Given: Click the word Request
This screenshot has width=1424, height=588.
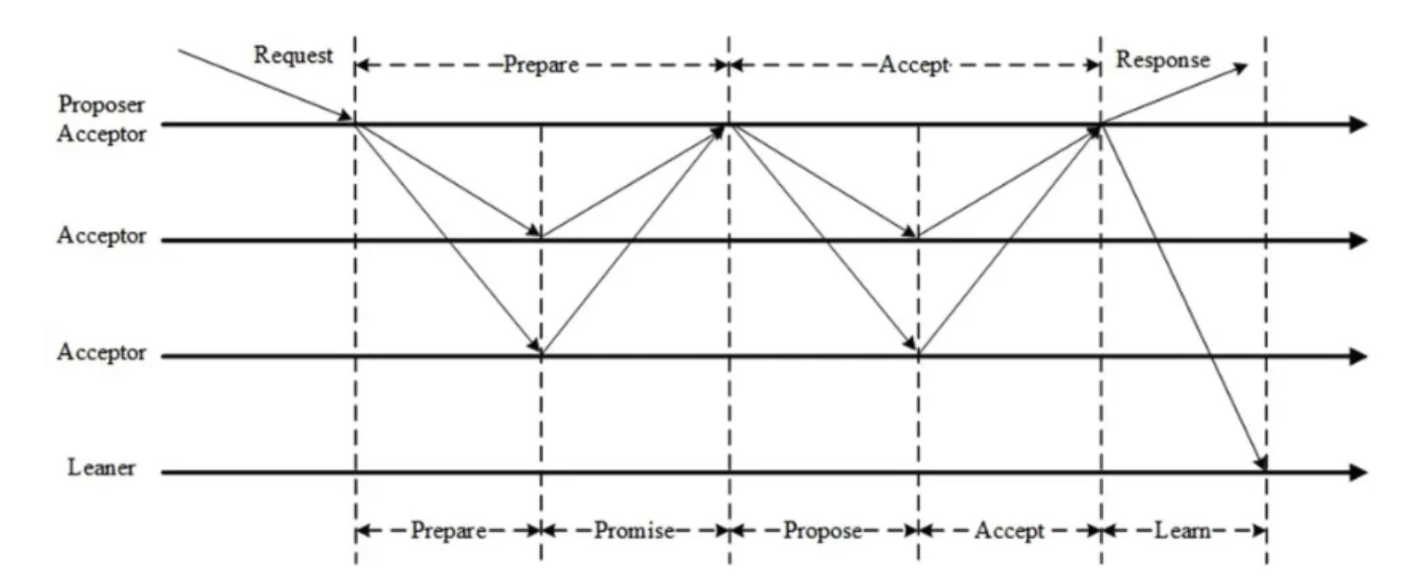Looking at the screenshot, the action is pos(293,55).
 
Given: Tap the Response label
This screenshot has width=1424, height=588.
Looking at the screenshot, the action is pos(1163,60).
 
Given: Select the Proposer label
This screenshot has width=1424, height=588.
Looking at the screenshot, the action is pos(101,105).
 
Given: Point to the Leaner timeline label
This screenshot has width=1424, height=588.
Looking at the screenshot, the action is pos(101,468).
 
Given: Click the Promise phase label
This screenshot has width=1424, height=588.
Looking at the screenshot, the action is pos(634,531).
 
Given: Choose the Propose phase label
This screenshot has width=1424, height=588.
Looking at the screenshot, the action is pos(822,531).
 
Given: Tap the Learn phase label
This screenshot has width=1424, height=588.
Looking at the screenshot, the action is pos(1182,531).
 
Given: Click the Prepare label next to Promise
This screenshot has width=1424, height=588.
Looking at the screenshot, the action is pos(448,531).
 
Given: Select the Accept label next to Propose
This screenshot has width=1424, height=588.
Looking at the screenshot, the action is pos(1009,531).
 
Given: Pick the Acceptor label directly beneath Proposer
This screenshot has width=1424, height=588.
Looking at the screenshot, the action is pos(101,134).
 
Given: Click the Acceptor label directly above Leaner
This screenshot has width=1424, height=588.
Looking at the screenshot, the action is pos(101,353).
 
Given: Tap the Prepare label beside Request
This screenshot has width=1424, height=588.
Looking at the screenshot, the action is pos(540,65).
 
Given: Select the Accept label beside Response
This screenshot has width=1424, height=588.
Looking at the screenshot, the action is pos(913,65).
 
